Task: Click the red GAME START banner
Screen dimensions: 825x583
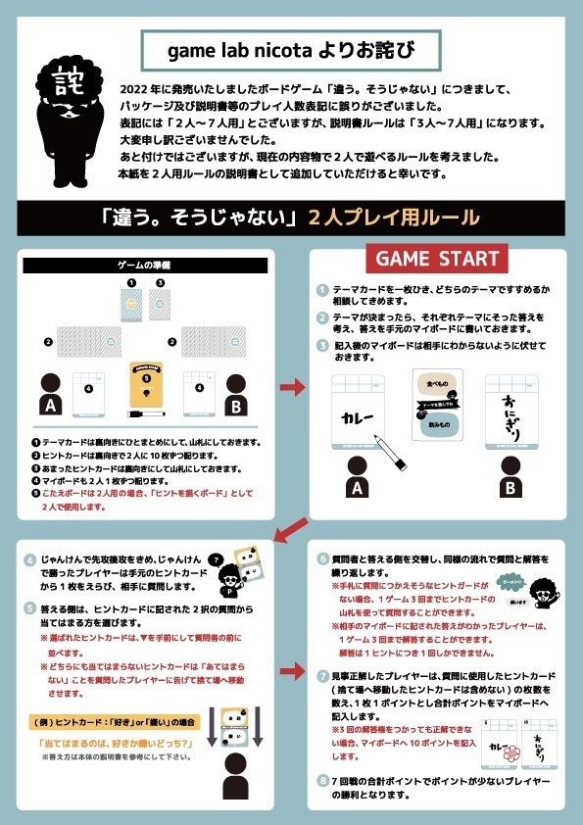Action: [433, 261]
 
